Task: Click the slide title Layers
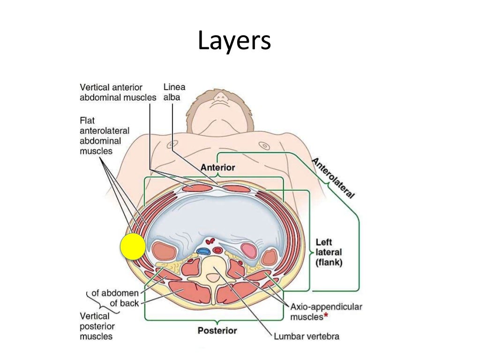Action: coord(234,41)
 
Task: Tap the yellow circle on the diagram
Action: coord(133,247)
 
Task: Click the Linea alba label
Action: coord(174,92)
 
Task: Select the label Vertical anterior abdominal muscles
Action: coord(118,92)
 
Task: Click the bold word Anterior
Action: coord(217,167)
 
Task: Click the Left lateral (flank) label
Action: coord(329,253)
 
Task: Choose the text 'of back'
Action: coord(124,303)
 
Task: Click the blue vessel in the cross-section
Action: coord(203,251)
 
